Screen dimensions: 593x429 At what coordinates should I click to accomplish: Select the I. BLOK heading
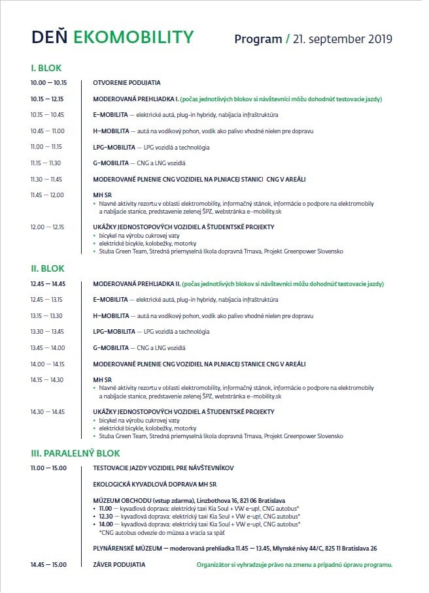coord(46,68)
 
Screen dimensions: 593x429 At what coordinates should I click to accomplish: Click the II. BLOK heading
coord(47,268)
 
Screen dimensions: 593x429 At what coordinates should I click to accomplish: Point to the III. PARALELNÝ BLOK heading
coord(75,453)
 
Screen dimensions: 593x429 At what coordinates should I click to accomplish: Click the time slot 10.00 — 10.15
coord(48,83)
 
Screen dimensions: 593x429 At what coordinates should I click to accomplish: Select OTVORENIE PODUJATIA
coord(127,83)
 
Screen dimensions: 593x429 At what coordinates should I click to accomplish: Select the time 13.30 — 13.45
coord(47,332)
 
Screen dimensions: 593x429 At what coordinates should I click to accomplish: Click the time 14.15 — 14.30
coord(47,379)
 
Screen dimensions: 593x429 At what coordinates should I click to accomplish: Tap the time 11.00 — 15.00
coord(48,468)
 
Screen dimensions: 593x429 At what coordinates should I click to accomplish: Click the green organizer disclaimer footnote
coord(294,564)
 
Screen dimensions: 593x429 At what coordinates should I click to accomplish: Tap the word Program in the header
coord(258,39)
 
